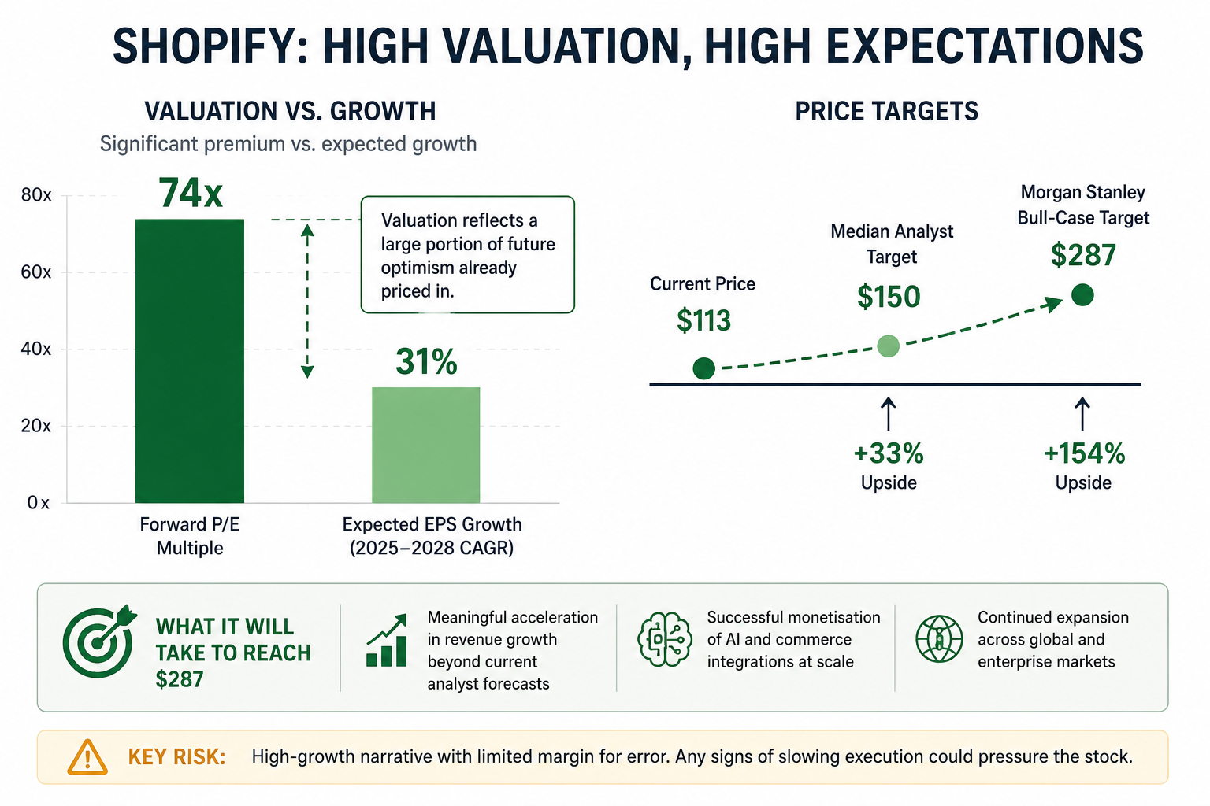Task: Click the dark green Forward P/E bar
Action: (x=190, y=360)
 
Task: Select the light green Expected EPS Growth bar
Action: (x=425, y=445)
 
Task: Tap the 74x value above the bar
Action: (x=190, y=194)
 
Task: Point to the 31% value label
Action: (x=426, y=361)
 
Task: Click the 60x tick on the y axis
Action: (x=36, y=272)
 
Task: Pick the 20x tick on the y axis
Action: (x=36, y=426)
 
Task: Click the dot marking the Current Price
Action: (x=703, y=368)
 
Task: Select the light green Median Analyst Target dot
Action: (x=889, y=346)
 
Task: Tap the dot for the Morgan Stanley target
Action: (x=1082, y=294)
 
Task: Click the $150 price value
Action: (x=889, y=297)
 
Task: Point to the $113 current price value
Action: (x=703, y=320)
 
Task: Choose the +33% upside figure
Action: (x=889, y=453)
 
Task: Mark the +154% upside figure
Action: (x=1084, y=453)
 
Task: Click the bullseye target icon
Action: (x=99, y=641)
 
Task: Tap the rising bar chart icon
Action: (x=386, y=641)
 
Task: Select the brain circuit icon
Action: (x=664, y=640)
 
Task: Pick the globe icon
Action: (x=939, y=639)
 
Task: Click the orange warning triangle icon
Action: (x=87, y=757)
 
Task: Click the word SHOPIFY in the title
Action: (x=210, y=46)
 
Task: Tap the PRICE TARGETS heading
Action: (x=886, y=111)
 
